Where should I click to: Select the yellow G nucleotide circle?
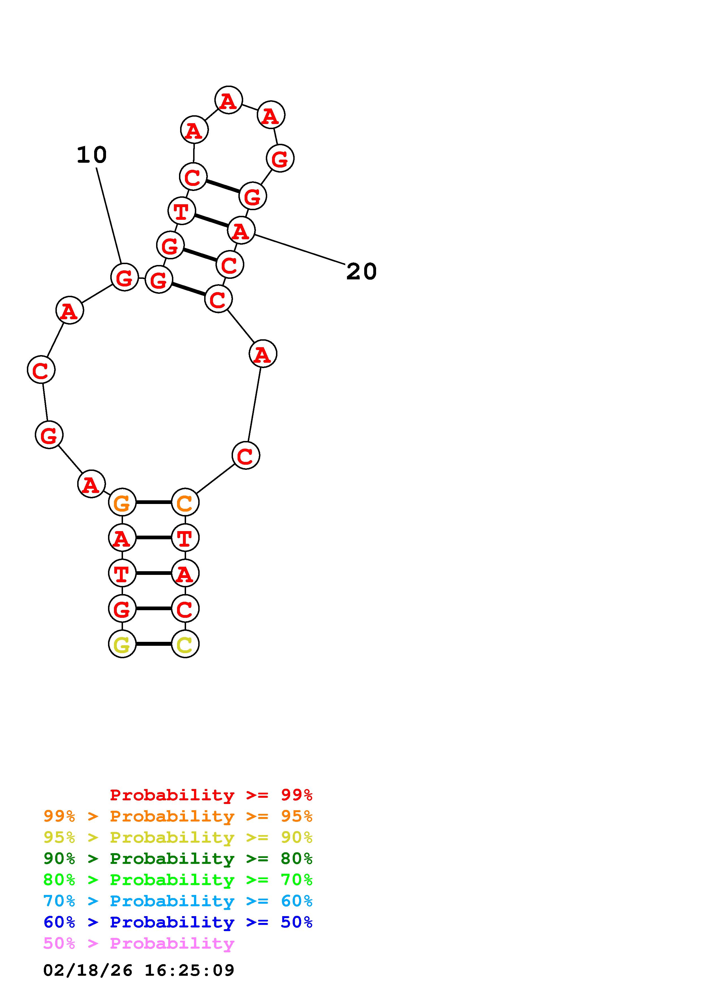pos(122,644)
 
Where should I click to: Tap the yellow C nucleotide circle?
pos(185,644)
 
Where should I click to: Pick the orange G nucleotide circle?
pos(122,502)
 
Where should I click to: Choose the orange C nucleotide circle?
pos(185,502)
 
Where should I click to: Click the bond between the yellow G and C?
pos(154,644)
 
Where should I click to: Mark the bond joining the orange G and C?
pos(154,502)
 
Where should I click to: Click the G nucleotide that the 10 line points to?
pos(124,277)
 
